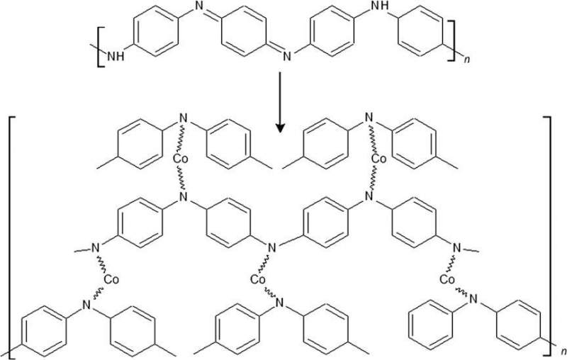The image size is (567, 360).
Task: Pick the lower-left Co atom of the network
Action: click(111, 279)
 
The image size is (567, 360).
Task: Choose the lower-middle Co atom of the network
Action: click(259, 279)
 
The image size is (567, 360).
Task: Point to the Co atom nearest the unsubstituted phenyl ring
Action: click(447, 279)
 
